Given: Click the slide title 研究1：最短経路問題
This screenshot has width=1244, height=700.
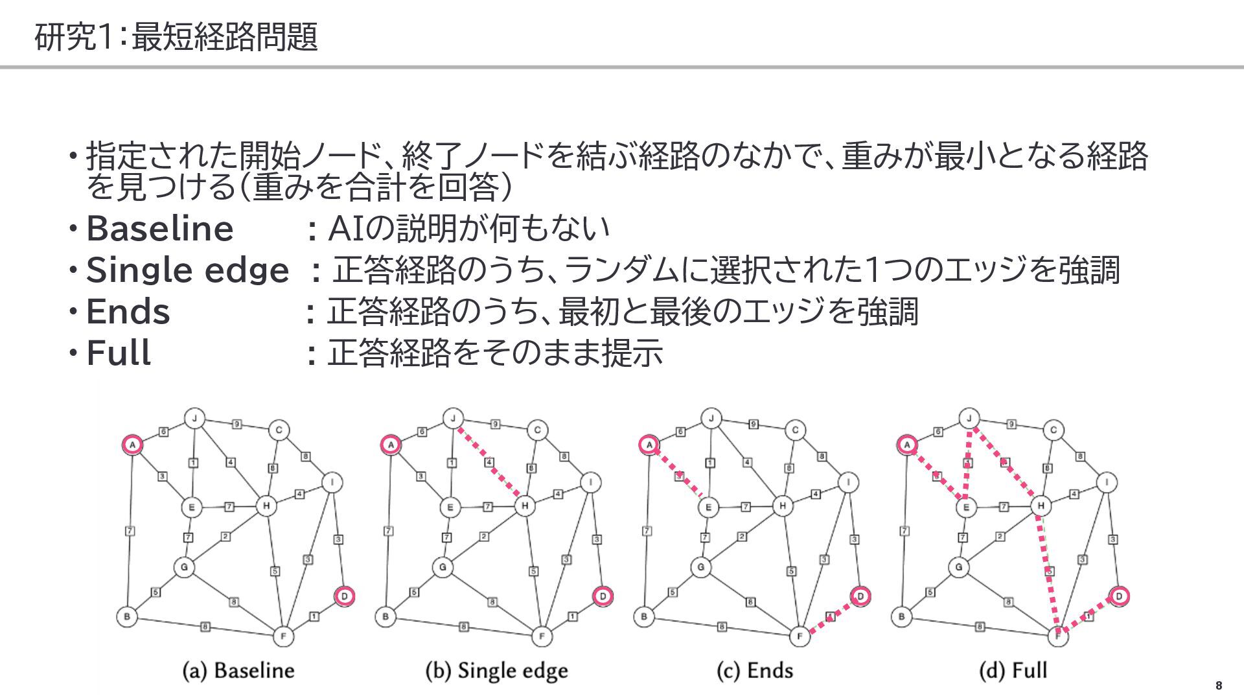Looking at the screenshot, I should point(176,36).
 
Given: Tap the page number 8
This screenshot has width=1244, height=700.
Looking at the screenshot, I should point(1219,686).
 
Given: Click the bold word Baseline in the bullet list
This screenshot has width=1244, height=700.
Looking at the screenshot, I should point(159,229).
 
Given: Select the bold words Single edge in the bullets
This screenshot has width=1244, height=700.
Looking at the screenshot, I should point(187,270).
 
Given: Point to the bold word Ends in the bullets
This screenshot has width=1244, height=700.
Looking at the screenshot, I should point(128,312).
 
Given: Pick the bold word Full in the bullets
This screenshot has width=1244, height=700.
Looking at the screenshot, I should point(119,353).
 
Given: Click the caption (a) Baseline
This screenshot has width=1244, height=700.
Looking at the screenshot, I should point(238,670).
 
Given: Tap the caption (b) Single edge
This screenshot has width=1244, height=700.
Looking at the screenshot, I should point(496,670).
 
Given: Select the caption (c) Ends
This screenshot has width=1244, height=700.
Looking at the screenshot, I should point(755,670).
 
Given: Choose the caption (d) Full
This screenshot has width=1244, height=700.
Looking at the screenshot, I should point(1013,670).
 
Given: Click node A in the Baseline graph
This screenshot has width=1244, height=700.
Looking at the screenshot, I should point(132,445).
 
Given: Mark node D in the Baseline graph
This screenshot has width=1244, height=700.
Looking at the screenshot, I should point(345,596).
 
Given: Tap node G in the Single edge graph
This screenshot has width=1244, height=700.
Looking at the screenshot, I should point(443,568).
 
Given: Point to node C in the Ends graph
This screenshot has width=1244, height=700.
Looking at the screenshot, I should point(796,430).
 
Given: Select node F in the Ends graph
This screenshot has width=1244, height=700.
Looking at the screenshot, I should point(800,636).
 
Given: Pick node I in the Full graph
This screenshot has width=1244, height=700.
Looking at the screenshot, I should point(1107,482).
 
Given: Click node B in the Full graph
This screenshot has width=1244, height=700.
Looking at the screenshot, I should point(901,616).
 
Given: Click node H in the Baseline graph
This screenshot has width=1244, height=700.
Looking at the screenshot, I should point(266,506).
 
